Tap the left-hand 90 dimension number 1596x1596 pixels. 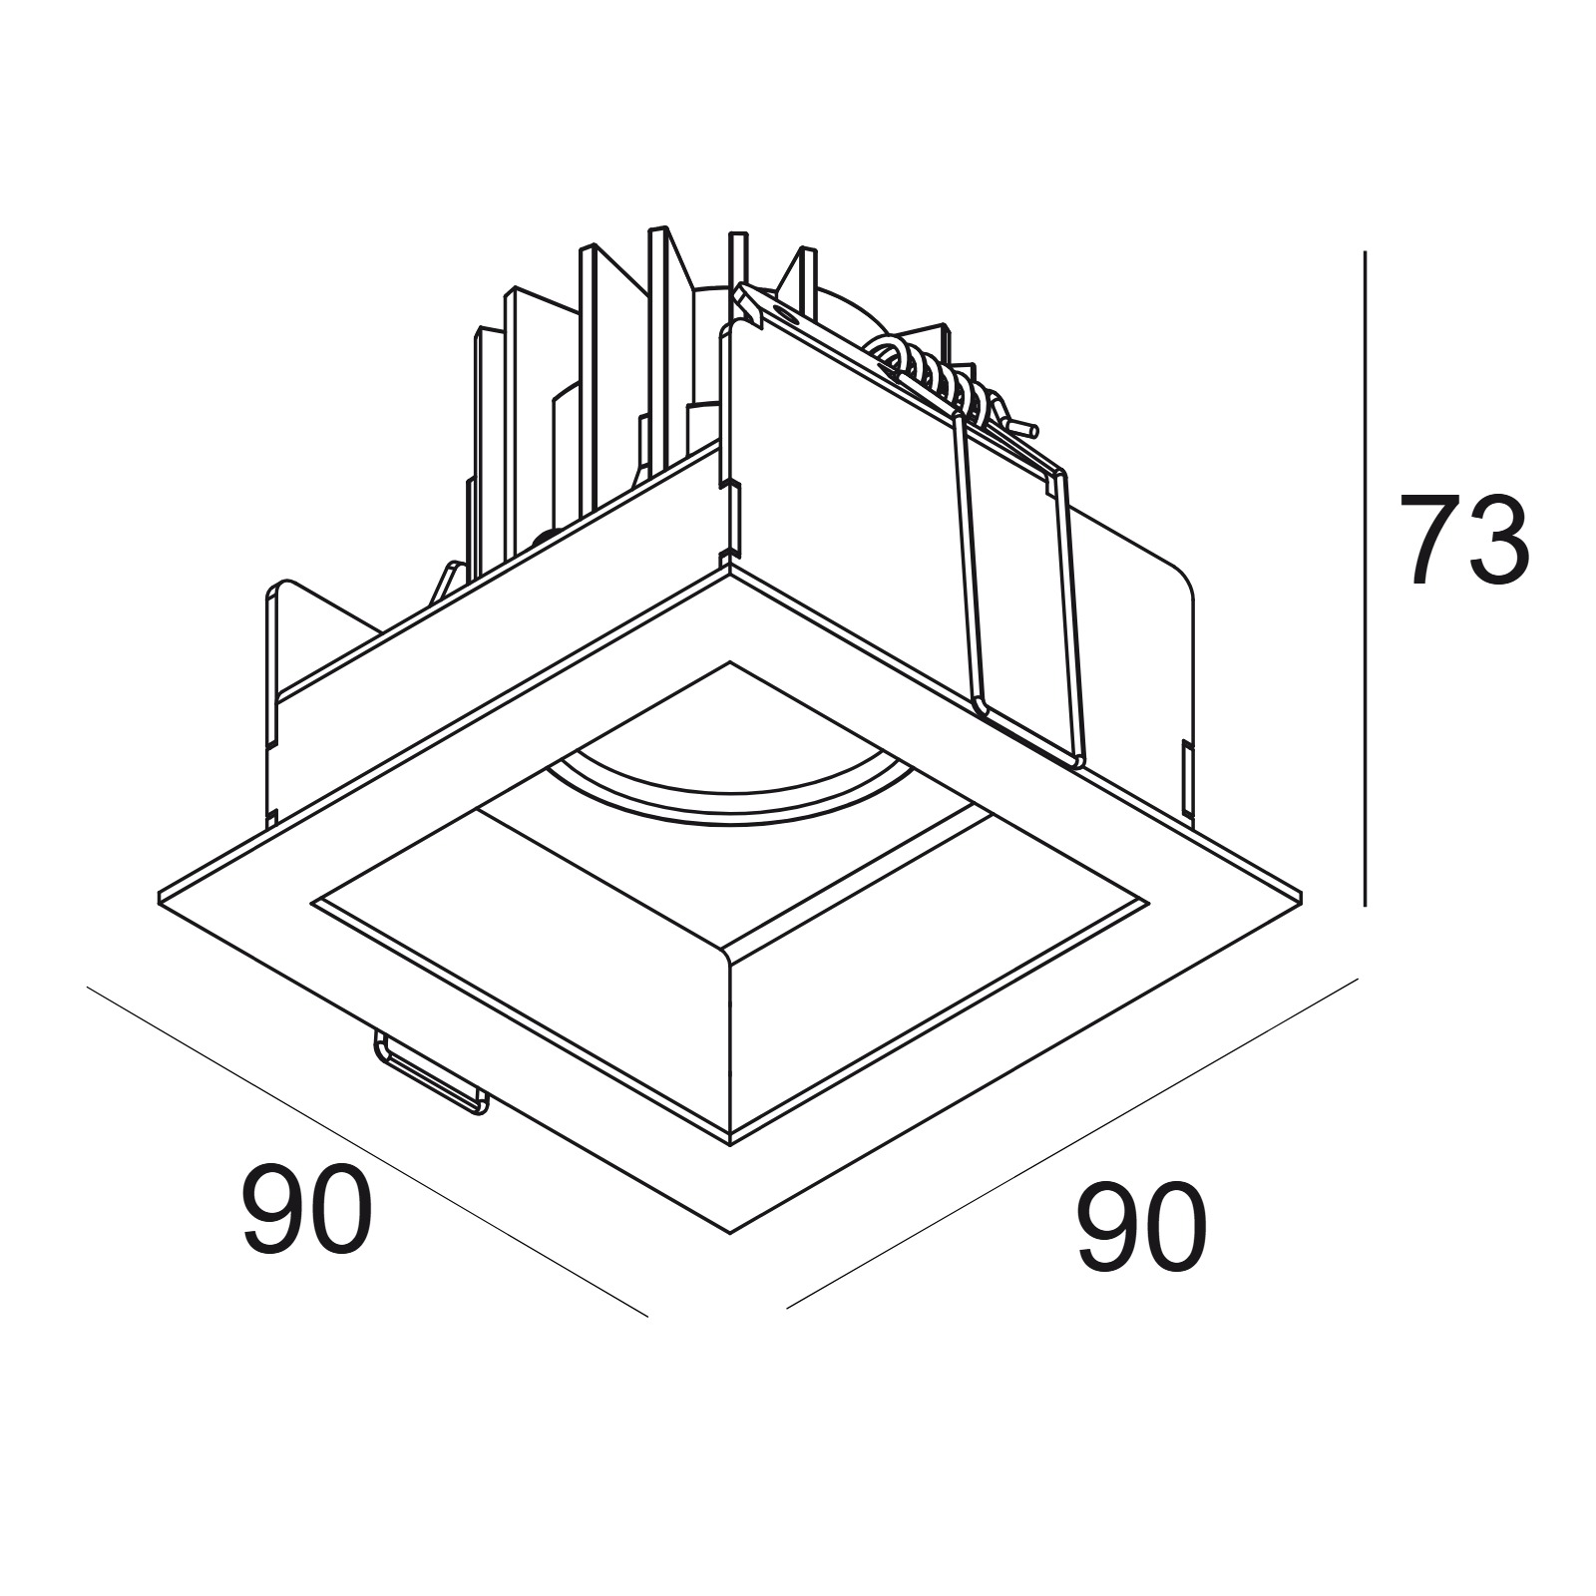pyautogui.click(x=307, y=1209)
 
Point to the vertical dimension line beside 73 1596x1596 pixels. pyautogui.click(x=1365, y=579)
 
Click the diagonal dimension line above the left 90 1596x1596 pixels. pyautogui.click(x=368, y=1152)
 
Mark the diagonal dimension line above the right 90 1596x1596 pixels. pyautogui.click(x=1073, y=1143)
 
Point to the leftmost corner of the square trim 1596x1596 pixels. pyautogui.click(x=160, y=891)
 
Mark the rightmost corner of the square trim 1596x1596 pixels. pyautogui.click(x=1302, y=891)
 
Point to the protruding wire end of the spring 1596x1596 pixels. pyautogui.click(x=1022, y=429)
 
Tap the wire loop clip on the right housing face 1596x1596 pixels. pyautogui.click(x=1017, y=589)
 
